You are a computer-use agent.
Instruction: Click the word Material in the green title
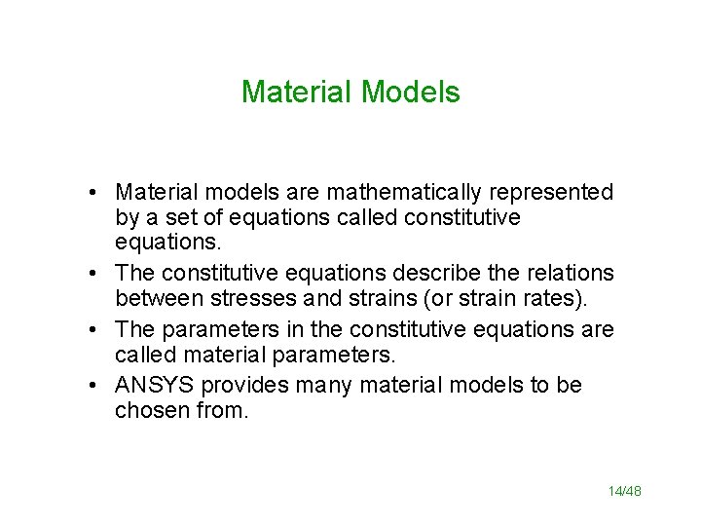tap(296, 93)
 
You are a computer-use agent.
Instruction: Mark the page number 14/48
tap(624, 491)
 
